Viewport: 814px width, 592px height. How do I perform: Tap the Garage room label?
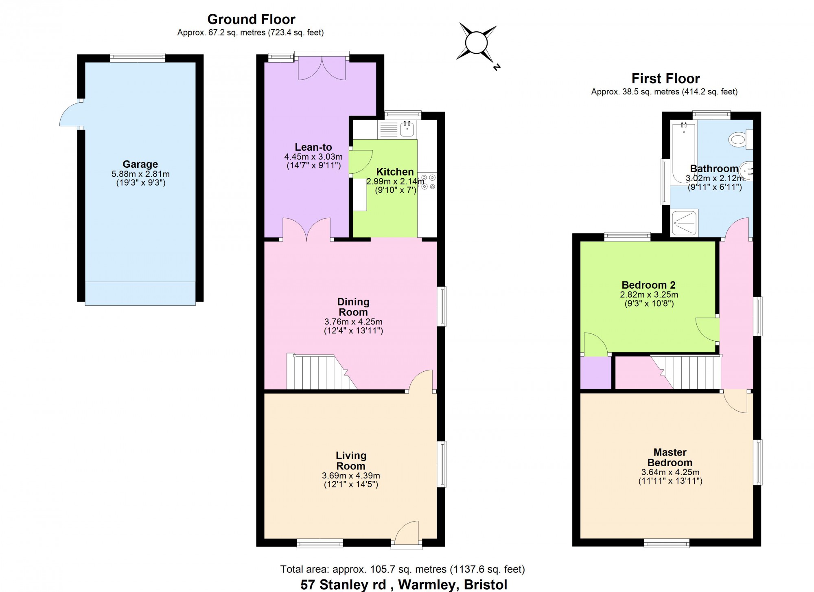(x=140, y=164)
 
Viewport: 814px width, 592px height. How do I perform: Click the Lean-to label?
(x=313, y=147)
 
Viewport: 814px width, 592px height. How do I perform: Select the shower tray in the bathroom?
(x=684, y=222)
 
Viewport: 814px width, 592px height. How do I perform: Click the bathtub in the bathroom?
(x=684, y=153)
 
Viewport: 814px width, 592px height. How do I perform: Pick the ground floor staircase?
(x=322, y=371)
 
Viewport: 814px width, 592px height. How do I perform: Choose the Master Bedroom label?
(x=670, y=457)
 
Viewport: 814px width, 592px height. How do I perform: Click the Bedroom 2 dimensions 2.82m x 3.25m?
(x=649, y=294)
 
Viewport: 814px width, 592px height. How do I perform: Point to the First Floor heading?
(x=665, y=78)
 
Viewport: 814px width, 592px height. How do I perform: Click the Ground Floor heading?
(x=251, y=19)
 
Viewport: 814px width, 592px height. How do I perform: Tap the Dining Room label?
(x=353, y=307)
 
